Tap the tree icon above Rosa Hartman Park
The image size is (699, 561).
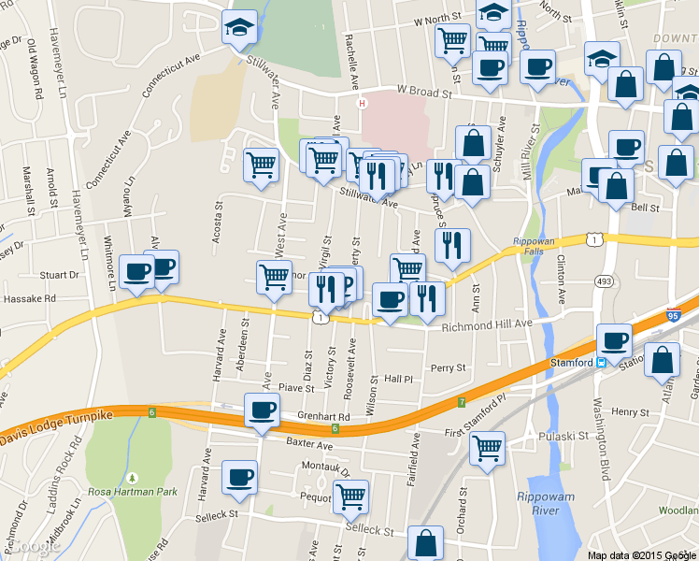132,477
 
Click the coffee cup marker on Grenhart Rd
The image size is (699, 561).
262,410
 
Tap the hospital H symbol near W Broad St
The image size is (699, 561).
362,103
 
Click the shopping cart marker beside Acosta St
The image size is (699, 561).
261,165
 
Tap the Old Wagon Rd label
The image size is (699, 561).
36,70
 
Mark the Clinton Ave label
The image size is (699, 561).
562,279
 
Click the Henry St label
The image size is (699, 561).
631,411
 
